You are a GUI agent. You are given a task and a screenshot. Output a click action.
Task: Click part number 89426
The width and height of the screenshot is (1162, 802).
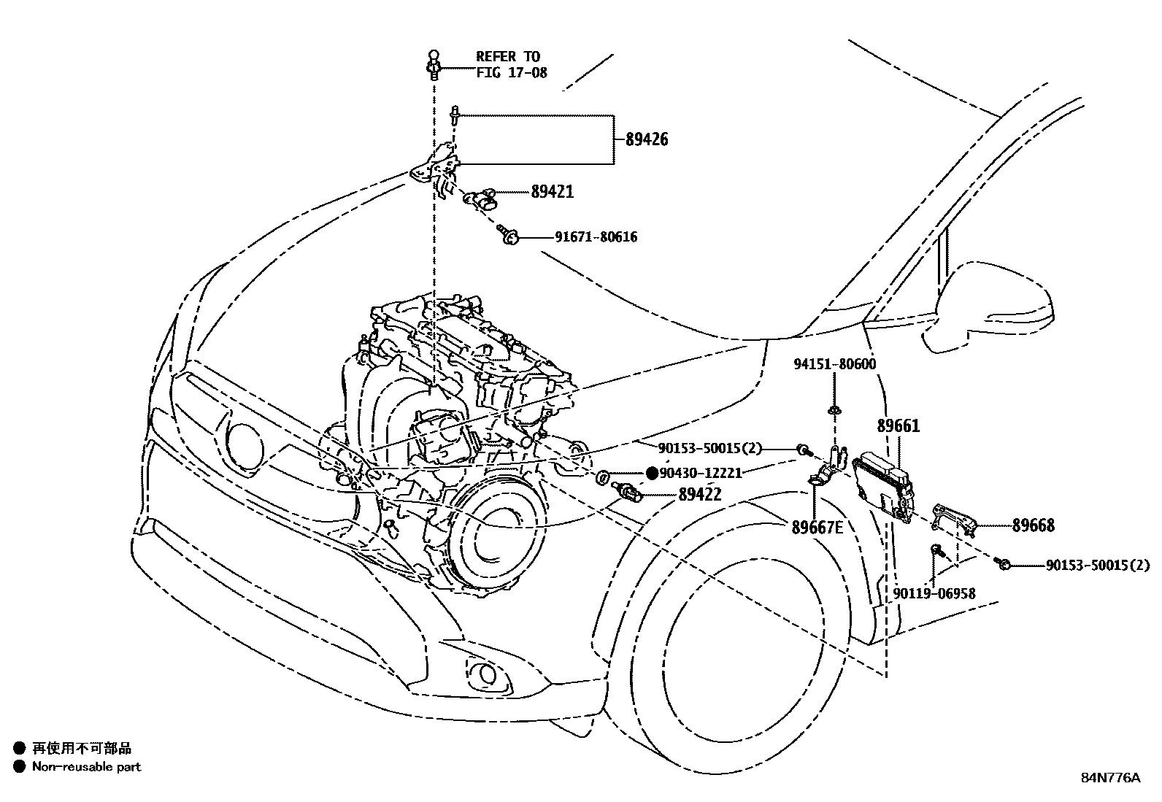point(646,139)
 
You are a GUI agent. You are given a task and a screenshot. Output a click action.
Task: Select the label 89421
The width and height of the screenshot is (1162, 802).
point(552,192)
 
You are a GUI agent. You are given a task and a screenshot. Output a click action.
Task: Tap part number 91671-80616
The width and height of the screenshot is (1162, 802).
point(596,237)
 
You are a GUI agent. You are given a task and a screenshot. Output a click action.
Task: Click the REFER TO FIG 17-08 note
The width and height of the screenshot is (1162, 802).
point(511,64)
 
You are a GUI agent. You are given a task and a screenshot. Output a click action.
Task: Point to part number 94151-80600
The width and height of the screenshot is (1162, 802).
point(834,364)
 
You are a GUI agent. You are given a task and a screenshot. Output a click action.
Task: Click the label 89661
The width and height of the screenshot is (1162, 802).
point(898,425)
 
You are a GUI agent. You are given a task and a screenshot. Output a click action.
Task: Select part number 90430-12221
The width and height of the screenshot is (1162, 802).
point(700,473)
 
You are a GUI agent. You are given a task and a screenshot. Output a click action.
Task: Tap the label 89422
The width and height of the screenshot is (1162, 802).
point(699,494)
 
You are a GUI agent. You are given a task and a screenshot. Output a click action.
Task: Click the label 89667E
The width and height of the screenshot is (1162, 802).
point(817,526)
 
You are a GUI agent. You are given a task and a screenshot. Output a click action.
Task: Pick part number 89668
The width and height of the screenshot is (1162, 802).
point(1033,525)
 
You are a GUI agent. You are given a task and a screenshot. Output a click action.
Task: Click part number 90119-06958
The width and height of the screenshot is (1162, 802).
point(934,594)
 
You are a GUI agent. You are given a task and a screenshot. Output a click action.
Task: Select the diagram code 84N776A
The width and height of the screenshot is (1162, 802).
point(1110,777)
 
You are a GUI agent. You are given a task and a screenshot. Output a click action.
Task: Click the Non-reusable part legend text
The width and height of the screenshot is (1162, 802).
point(86,767)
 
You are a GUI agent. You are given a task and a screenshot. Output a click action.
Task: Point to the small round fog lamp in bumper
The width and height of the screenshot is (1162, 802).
point(482,672)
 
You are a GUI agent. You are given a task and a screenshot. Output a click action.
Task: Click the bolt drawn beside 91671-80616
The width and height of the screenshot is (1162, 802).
point(509,235)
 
